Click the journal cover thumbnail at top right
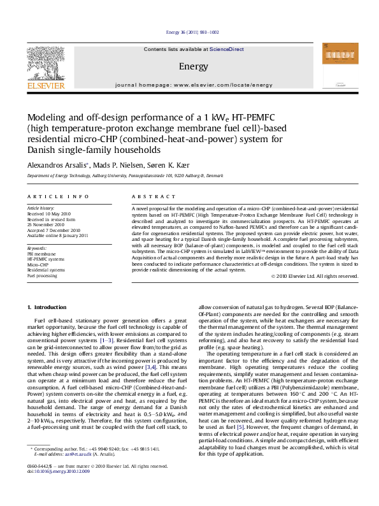[335, 64]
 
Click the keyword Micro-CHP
[38, 263]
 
